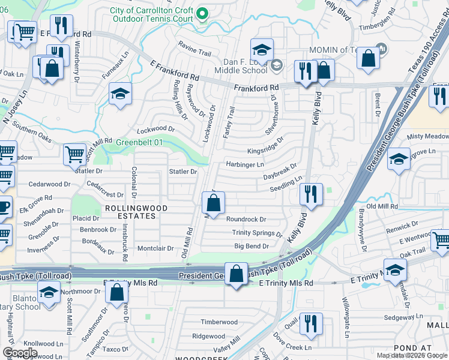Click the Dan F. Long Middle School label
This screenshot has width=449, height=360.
tap(240, 65)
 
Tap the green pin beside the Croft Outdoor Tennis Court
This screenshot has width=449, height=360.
tap(203, 12)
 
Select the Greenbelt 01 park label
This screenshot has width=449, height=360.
tap(139, 143)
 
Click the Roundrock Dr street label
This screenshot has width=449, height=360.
tap(246, 220)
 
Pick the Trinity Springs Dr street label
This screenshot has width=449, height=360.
tap(257, 233)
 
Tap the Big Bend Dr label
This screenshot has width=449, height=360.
tap(252, 246)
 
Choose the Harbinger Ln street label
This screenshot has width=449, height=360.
tap(244, 164)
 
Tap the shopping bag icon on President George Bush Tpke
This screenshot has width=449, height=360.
tap(237, 274)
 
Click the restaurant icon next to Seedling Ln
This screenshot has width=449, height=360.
tap(311, 194)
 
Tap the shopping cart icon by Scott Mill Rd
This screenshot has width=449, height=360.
tap(74, 154)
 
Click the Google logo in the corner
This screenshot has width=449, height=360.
tap(19, 353)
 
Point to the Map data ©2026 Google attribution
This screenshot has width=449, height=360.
tap(412, 355)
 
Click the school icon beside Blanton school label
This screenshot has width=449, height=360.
tap(49, 293)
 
